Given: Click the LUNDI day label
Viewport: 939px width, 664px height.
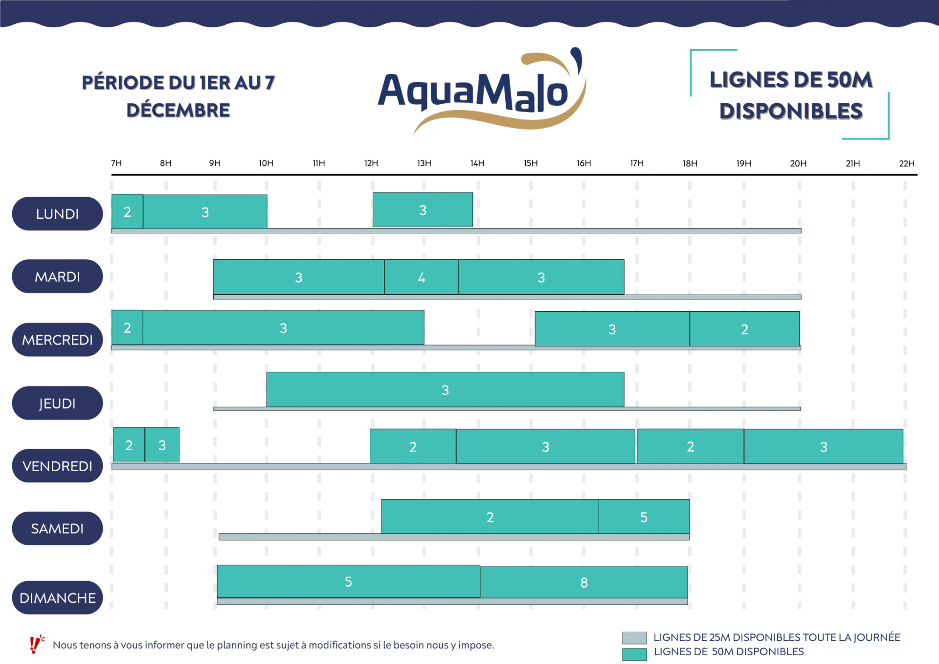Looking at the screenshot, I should pyautogui.click(x=57, y=214).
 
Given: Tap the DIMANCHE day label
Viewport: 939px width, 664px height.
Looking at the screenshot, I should pyautogui.click(x=57, y=597).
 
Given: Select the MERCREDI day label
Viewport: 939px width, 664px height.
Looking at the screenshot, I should pyautogui.click(x=57, y=340).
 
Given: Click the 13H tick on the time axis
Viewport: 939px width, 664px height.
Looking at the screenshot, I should pyautogui.click(x=424, y=163).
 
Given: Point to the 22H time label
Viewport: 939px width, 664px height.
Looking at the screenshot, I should pyautogui.click(x=906, y=163).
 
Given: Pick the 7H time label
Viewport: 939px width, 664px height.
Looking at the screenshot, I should pyautogui.click(x=116, y=163).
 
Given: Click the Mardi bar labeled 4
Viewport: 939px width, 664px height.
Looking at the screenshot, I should pyautogui.click(x=421, y=277).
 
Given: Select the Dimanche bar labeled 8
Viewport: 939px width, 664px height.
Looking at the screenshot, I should pyautogui.click(x=583, y=582).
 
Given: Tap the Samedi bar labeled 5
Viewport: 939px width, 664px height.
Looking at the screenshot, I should pyautogui.click(x=644, y=517).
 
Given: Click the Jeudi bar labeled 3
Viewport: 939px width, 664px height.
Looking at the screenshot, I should pyautogui.click(x=445, y=390).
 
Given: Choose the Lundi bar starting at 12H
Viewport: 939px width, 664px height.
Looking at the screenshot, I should pyautogui.click(x=423, y=210).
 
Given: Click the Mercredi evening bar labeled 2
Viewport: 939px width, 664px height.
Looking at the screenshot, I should pyautogui.click(x=744, y=329).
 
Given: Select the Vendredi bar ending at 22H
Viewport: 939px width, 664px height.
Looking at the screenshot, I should pyautogui.click(x=824, y=446).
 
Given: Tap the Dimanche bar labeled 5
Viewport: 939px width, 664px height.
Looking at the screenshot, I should pyautogui.click(x=348, y=581).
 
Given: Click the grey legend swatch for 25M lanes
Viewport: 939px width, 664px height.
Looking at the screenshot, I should pyautogui.click(x=634, y=638).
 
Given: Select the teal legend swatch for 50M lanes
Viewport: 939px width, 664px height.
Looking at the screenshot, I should pyautogui.click(x=634, y=654).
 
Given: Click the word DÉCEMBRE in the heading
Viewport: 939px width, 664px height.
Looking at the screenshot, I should pyautogui.click(x=178, y=111).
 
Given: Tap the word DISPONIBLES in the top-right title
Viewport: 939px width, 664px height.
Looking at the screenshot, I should pyautogui.click(x=791, y=112).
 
